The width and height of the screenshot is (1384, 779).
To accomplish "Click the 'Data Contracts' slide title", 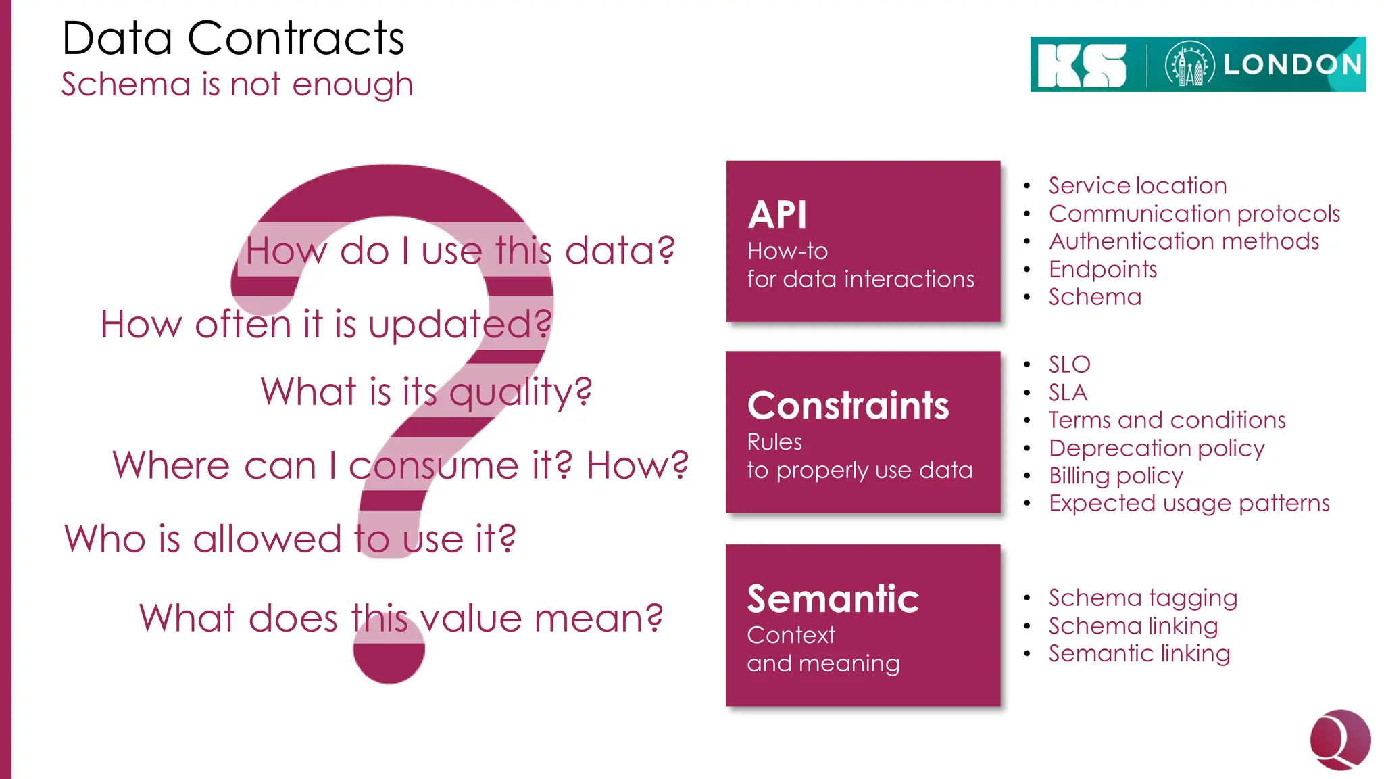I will [232, 38].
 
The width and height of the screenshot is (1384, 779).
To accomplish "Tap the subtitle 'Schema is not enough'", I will [237, 85].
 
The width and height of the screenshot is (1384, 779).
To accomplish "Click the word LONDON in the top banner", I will [1292, 65].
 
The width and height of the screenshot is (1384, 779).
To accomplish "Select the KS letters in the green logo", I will [1081, 66].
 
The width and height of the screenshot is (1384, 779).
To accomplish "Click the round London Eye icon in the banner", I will [1189, 65].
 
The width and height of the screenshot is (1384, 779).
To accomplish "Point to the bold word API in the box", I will [777, 216].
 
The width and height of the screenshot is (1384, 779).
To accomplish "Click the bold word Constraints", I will [847, 406].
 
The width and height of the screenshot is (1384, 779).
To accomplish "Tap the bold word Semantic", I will [833, 599].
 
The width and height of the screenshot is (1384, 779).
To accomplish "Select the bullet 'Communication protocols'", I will [1193, 214].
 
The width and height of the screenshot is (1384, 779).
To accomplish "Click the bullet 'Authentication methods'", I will [1183, 241].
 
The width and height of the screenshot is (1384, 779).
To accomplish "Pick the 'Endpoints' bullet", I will [1102, 269].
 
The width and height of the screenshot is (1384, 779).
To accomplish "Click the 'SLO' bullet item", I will [1069, 364].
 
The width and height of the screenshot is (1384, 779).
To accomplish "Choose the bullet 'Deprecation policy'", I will [1156, 448].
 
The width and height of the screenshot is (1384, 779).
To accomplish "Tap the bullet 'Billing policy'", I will [1116, 475].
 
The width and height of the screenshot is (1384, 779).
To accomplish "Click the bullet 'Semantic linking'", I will [1139, 653].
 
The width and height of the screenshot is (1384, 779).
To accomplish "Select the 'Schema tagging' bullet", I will [1142, 598].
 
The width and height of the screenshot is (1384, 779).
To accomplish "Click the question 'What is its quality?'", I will [426, 392].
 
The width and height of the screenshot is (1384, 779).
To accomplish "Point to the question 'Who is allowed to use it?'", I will [290, 539].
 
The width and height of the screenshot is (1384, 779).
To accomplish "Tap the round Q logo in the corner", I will [1339, 740].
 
